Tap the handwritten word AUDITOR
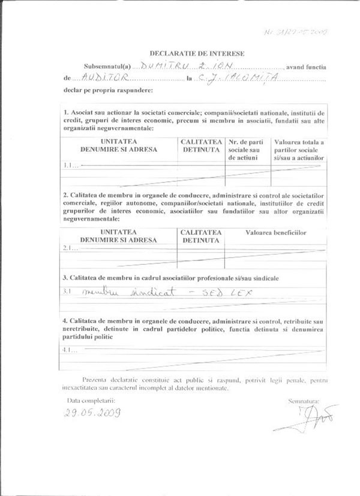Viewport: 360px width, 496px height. [x=97, y=78]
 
